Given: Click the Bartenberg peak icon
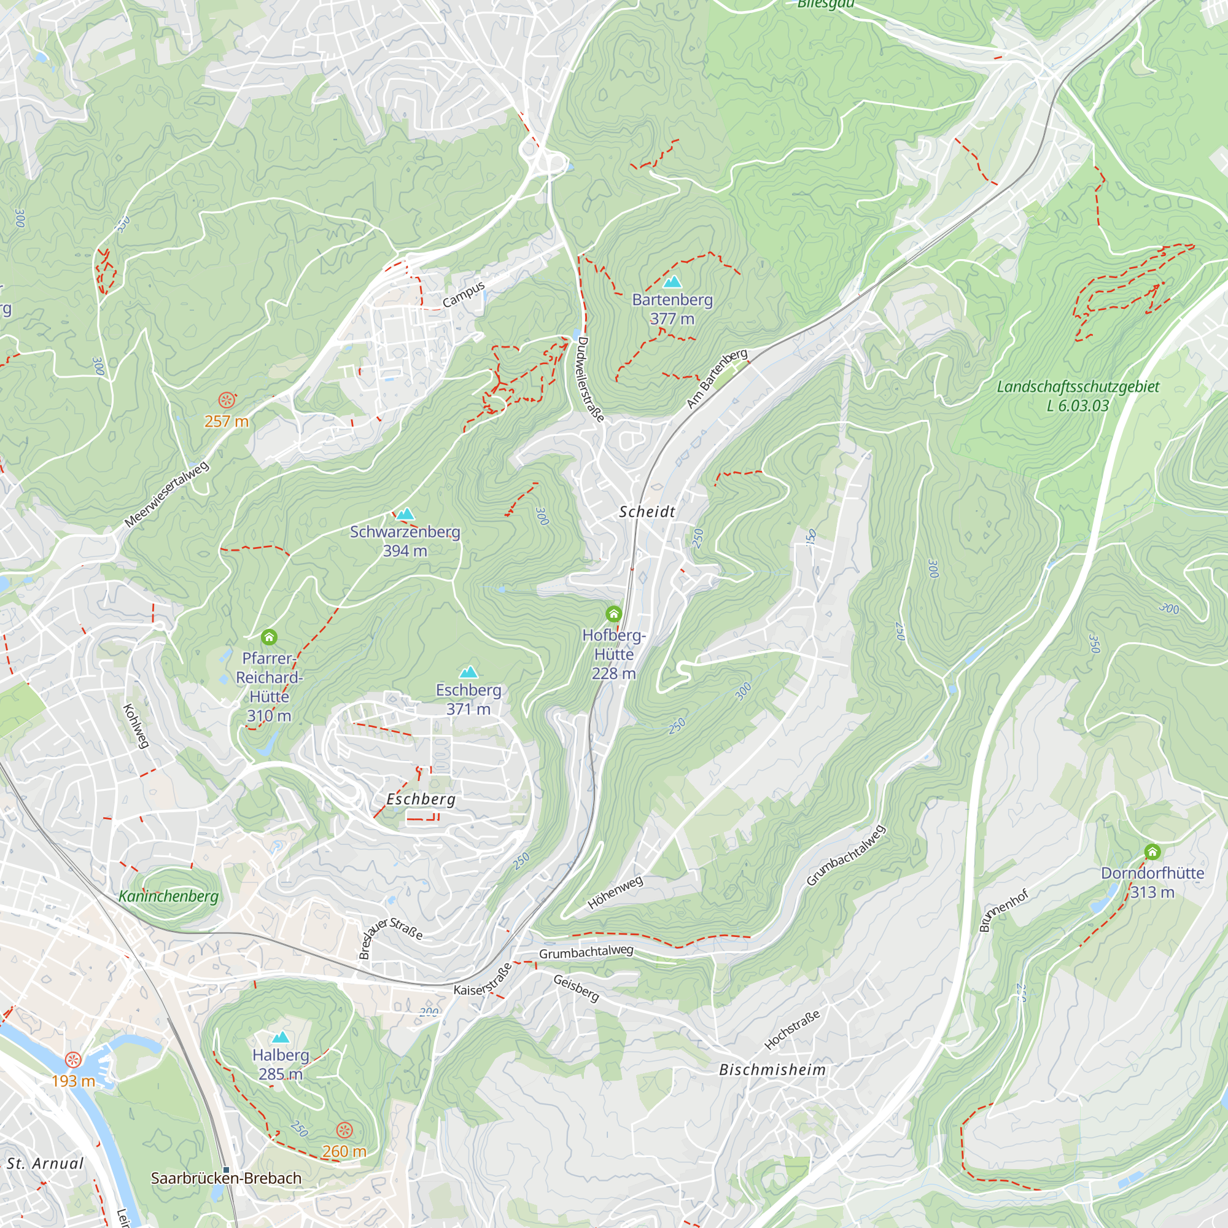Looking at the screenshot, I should click(672, 282).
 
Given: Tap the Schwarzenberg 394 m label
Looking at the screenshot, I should click(405, 541).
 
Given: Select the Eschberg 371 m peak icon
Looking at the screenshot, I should click(468, 672).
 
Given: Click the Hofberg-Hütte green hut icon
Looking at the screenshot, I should click(613, 613).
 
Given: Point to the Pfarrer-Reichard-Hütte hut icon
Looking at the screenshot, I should click(269, 636).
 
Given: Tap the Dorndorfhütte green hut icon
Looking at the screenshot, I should click(1152, 851).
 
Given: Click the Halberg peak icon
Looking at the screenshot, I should click(281, 1037).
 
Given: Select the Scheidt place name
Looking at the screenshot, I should click(647, 511).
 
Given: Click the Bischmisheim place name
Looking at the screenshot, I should click(772, 1070).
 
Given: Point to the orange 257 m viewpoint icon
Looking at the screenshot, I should click(225, 400).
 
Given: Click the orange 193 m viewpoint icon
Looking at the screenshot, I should click(74, 1060).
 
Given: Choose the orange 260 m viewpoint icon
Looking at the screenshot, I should click(344, 1130).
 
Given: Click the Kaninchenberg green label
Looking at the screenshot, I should click(168, 896).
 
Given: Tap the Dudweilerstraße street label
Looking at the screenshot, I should click(590, 379).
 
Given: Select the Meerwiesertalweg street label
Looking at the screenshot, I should click(166, 495).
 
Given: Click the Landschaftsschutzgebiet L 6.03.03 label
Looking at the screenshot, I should click(1078, 395).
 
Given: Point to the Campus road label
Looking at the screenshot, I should click(464, 294).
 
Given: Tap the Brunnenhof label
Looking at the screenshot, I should click(1004, 911).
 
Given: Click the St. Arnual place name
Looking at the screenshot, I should click(45, 1163).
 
